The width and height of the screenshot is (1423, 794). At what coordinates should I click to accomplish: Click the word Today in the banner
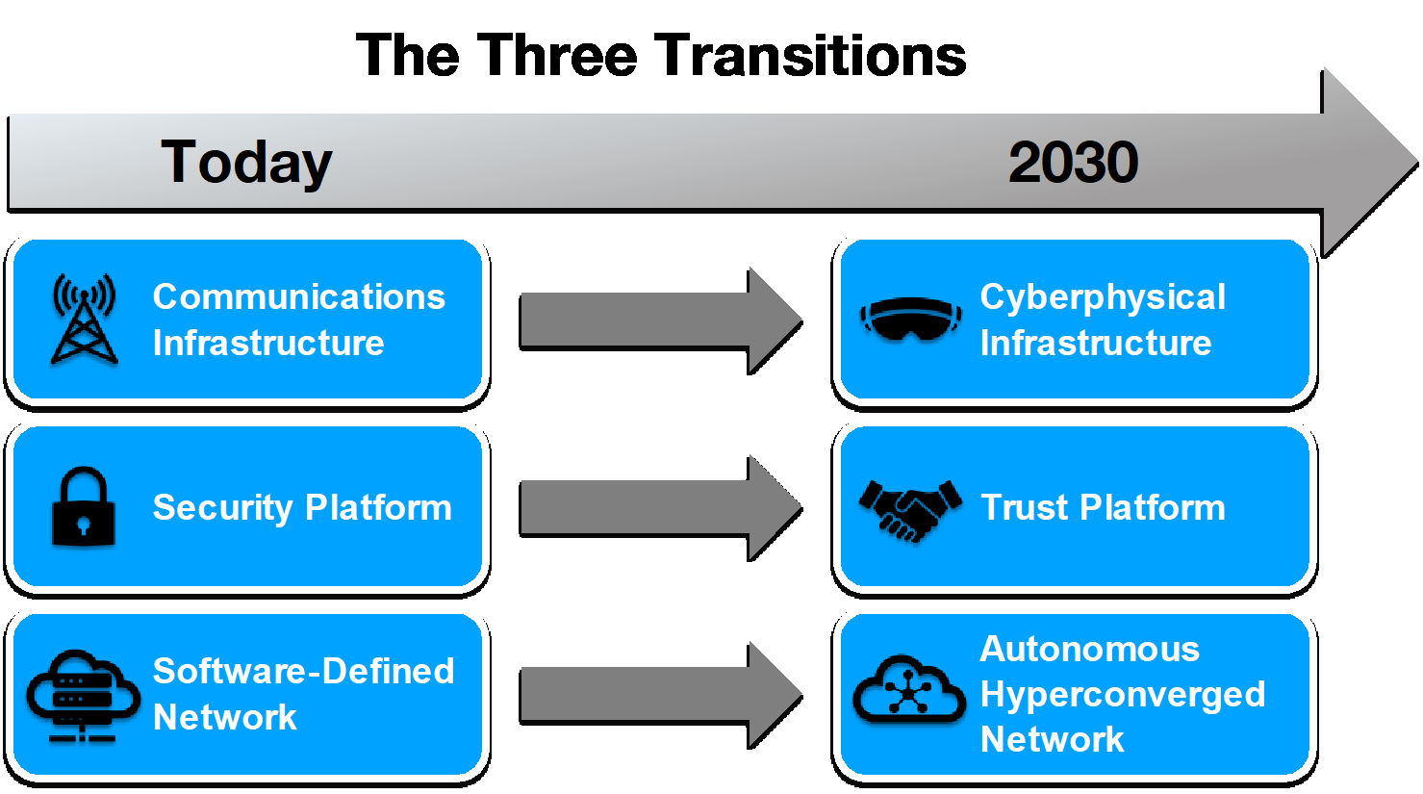(246, 162)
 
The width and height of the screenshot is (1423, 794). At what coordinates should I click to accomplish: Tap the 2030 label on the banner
(1073, 162)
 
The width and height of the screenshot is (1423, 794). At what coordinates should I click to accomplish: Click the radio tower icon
(84, 319)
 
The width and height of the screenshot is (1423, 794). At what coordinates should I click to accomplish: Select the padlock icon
(83, 506)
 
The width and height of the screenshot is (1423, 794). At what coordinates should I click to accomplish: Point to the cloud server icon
(83, 695)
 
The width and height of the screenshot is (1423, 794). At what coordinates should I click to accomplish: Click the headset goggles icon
(910, 319)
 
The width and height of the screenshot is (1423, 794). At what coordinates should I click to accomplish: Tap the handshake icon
(910, 508)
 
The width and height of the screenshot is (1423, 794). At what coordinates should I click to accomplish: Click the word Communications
(298, 296)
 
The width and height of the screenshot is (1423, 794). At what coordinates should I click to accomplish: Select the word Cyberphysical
(1103, 297)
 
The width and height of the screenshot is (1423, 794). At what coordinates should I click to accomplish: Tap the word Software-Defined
(303, 671)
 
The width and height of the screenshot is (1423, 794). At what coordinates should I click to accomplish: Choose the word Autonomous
(1089, 649)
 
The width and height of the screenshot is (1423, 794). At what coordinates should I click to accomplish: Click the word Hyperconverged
(1122, 695)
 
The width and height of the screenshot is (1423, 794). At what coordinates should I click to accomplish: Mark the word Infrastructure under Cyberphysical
(1095, 343)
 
